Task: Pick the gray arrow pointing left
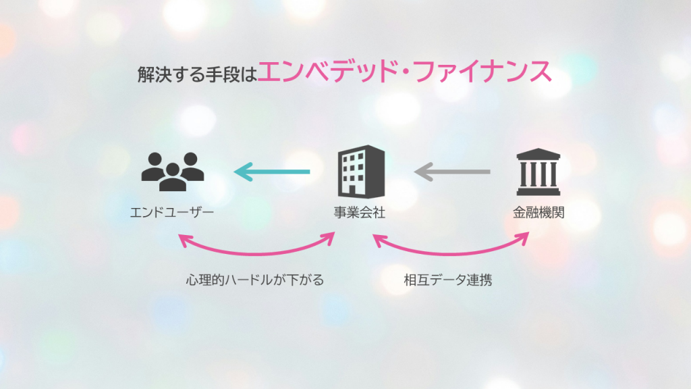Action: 452,173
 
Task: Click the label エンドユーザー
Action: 172,213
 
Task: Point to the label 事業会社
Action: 360,213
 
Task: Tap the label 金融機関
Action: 538,213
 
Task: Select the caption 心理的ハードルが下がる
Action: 255,280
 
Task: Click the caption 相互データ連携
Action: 447,280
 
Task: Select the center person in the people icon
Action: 172,177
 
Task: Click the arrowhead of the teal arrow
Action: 242,173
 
